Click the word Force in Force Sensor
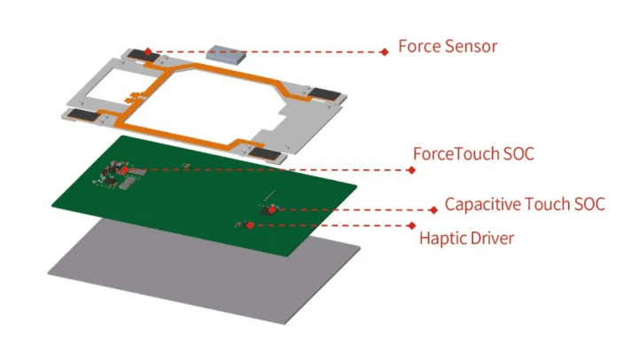click(x=418, y=46)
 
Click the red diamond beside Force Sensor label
click(x=384, y=52)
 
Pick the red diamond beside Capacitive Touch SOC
click(x=433, y=210)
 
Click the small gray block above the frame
click(x=222, y=54)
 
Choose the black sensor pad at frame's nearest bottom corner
click(x=264, y=154)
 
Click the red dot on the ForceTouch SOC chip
click(x=125, y=168)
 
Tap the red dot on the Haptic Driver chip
click(x=250, y=225)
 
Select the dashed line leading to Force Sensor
click(x=266, y=51)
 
